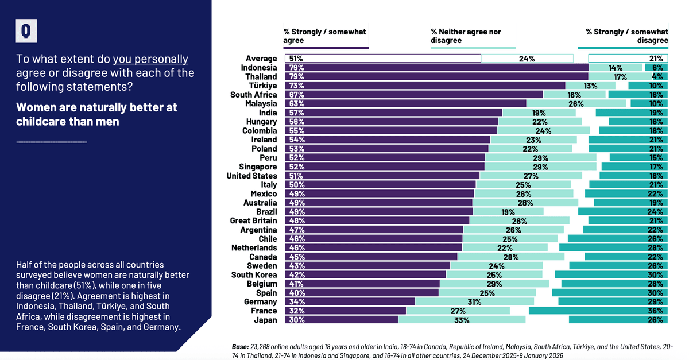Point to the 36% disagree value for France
656,311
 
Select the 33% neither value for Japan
461,320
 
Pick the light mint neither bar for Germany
474,302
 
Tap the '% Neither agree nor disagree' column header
466,36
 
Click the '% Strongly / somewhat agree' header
324,36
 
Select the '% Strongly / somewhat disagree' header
627,36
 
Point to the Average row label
261,59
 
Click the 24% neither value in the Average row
527,59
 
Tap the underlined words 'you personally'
150,59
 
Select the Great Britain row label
253,220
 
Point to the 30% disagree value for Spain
656,293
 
